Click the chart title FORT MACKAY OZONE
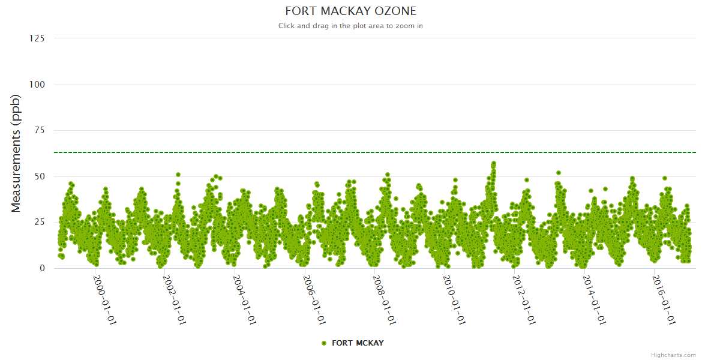tap(350, 11)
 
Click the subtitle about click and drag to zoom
tap(350, 26)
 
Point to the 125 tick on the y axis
tap(37, 38)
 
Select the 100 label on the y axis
tap(37, 85)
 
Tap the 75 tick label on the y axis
tap(39, 130)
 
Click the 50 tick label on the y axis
tap(39, 176)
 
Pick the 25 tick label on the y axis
tap(39, 223)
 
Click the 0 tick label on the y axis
tap(41, 268)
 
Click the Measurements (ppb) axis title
tap(16, 153)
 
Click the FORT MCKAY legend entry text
tap(358, 343)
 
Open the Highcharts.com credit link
tap(673, 355)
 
